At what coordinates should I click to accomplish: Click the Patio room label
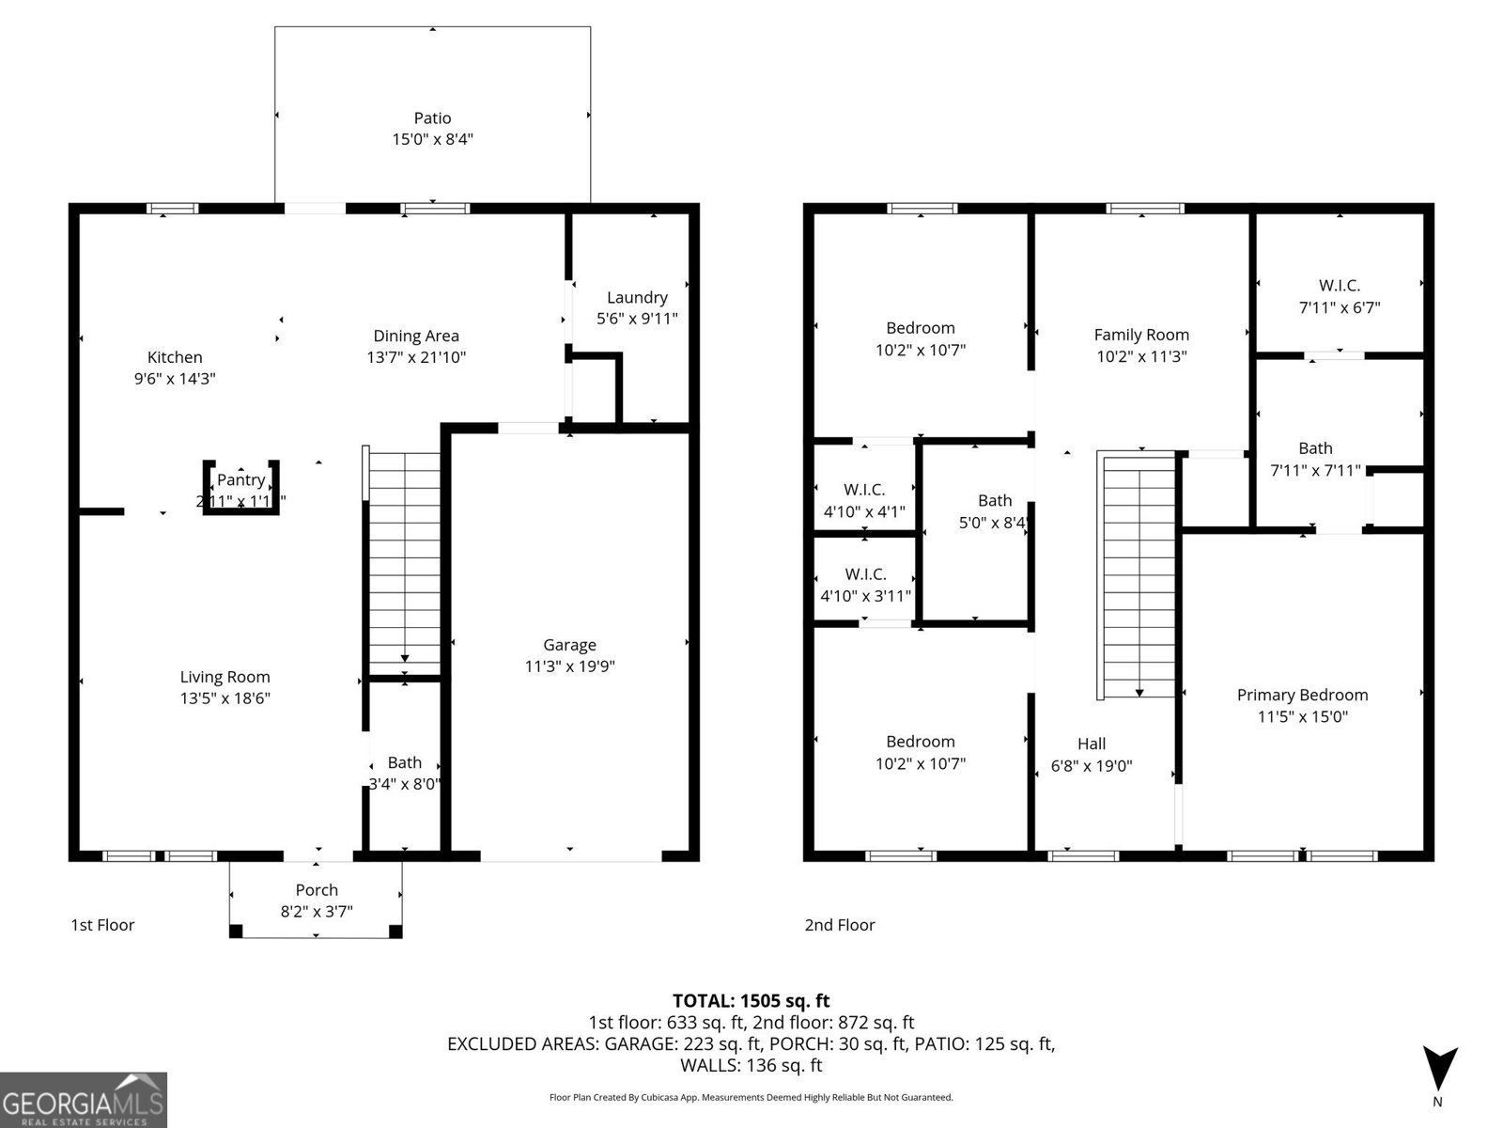point(432,118)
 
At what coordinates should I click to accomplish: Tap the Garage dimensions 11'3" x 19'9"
point(569,666)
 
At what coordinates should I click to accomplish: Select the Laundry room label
point(637,297)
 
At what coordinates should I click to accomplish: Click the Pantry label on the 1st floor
point(241,480)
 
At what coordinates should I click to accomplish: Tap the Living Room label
point(225,677)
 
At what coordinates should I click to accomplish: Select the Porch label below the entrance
point(317,889)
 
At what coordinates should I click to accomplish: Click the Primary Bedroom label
point(1302,695)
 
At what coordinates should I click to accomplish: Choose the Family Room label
point(1141,335)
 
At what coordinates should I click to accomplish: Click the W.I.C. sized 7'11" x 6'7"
point(1340,295)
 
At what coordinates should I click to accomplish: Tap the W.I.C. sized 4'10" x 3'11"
point(865,585)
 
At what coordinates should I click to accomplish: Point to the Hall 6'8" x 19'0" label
point(1092,754)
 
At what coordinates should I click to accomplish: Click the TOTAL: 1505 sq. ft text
point(751,1000)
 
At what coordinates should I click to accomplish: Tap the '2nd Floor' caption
point(839,925)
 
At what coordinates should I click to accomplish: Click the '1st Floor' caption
point(102,925)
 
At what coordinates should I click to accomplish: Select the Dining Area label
point(416,336)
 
